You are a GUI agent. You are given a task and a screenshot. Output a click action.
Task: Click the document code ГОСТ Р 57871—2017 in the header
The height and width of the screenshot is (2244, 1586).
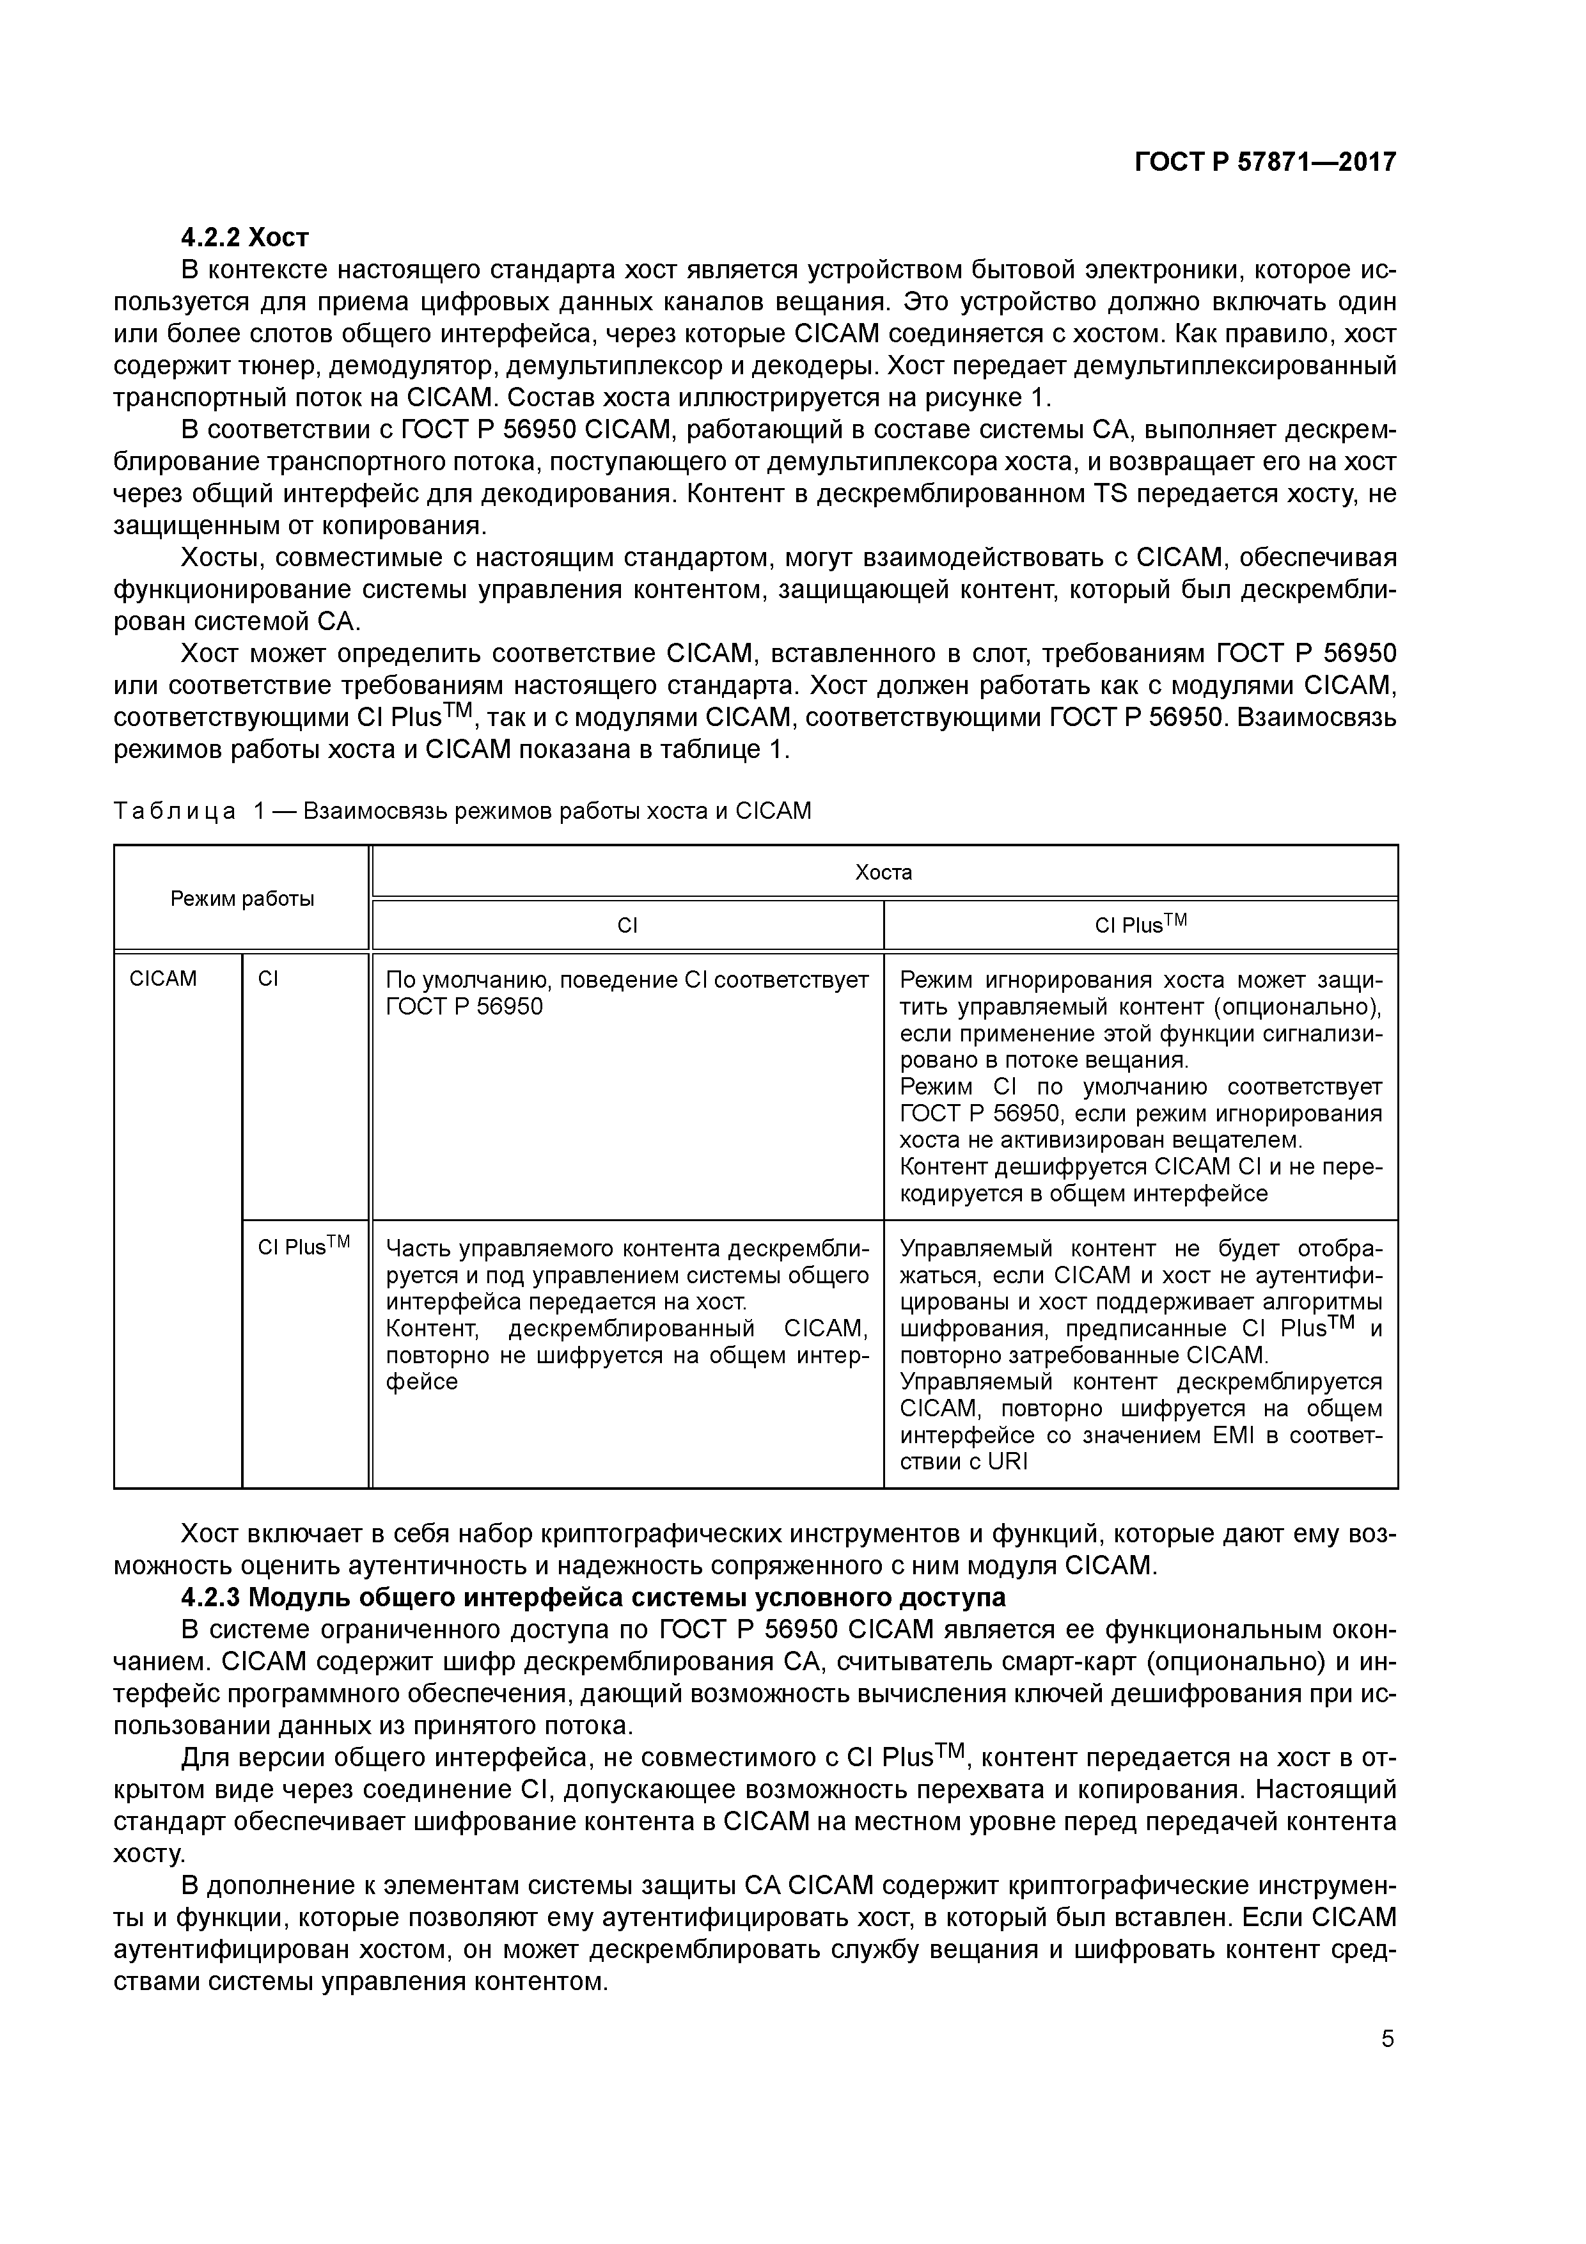(1264, 162)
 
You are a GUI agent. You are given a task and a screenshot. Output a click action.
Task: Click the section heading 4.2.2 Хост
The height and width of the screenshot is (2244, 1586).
(244, 237)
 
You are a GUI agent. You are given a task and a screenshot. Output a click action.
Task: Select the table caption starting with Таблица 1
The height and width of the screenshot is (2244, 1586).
(462, 811)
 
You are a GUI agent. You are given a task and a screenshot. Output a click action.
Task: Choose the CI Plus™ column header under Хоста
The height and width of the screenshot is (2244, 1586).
(1140, 924)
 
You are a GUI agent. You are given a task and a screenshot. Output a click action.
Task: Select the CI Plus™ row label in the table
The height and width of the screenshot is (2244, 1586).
(304, 1247)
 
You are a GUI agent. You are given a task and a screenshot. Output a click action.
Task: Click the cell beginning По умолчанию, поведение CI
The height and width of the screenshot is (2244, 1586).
(626, 993)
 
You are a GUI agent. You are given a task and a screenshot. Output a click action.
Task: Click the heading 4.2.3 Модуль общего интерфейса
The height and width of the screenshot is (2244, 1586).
(593, 1597)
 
